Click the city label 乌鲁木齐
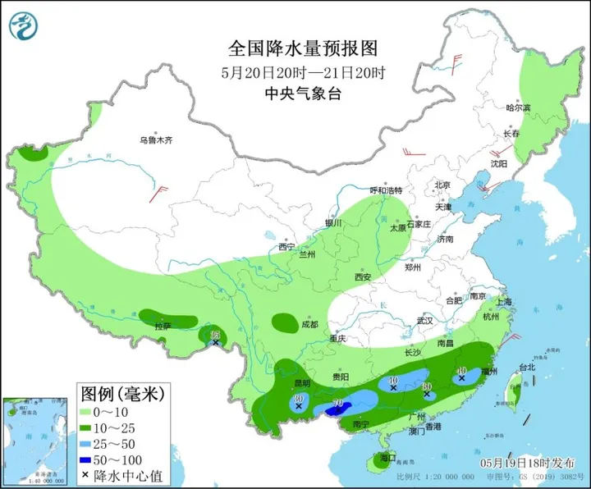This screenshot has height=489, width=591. point(156,140)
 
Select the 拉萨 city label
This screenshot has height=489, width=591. point(164,327)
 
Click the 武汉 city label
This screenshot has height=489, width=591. point(424,320)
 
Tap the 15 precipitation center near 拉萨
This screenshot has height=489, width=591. point(215,335)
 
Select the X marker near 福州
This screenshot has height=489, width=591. point(462,379)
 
